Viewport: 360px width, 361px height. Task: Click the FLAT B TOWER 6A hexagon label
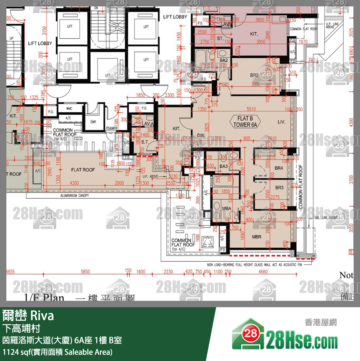245,122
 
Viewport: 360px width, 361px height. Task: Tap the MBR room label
257,237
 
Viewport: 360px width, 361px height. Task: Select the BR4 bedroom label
279,168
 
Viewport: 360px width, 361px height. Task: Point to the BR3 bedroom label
279,188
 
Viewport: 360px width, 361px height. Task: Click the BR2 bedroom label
254,75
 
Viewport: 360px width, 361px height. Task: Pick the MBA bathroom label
227,209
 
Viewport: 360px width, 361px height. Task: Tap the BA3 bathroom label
223,166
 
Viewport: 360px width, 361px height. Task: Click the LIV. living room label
281,122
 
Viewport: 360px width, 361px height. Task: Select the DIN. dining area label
201,135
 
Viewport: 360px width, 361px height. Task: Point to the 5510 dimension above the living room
251,109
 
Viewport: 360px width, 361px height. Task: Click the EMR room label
93,122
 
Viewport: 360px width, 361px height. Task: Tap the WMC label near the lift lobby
69,109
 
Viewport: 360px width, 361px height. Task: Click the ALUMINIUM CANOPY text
74,195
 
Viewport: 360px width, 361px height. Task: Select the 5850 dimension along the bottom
85,272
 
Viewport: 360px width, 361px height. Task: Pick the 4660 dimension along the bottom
263,272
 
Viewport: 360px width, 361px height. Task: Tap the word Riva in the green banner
42,316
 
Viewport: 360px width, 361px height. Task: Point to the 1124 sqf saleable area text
57,352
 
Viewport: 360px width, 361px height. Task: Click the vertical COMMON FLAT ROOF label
301,187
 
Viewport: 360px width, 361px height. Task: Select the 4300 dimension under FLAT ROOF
74,183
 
